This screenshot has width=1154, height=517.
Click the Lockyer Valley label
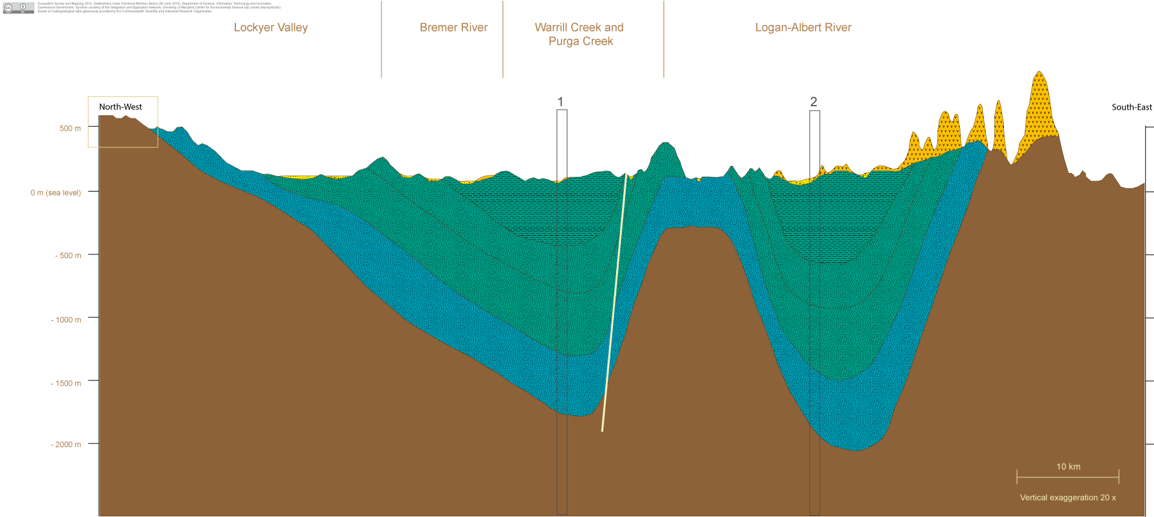tap(271, 28)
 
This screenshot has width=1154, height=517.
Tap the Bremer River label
tap(453, 28)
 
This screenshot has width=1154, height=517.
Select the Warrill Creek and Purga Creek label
tap(580, 34)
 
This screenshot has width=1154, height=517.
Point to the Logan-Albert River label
tap(803, 28)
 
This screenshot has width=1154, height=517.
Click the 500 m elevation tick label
tap(70, 129)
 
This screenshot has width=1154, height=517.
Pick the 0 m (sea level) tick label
tap(56, 193)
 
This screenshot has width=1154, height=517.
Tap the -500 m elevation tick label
tap(67, 256)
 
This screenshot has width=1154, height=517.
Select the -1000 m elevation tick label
tap(66, 320)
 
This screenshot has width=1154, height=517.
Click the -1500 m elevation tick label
tap(66, 384)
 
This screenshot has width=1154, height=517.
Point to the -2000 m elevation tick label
tap(66, 445)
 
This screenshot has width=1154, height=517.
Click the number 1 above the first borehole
tap(560, 102)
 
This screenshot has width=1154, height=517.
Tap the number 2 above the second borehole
tap(814, 102)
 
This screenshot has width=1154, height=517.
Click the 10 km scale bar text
tap(1068, 467)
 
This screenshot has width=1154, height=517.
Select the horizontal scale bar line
tap(1067, 477)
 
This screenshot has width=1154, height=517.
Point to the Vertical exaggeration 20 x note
tap(1067, 498)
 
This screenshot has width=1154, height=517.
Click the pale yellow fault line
tap(614, 301)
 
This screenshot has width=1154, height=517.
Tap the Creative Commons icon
tap(9, 8)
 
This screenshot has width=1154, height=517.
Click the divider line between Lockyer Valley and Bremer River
tap(381, 38)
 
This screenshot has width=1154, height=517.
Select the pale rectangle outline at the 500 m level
tap(123, 97)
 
